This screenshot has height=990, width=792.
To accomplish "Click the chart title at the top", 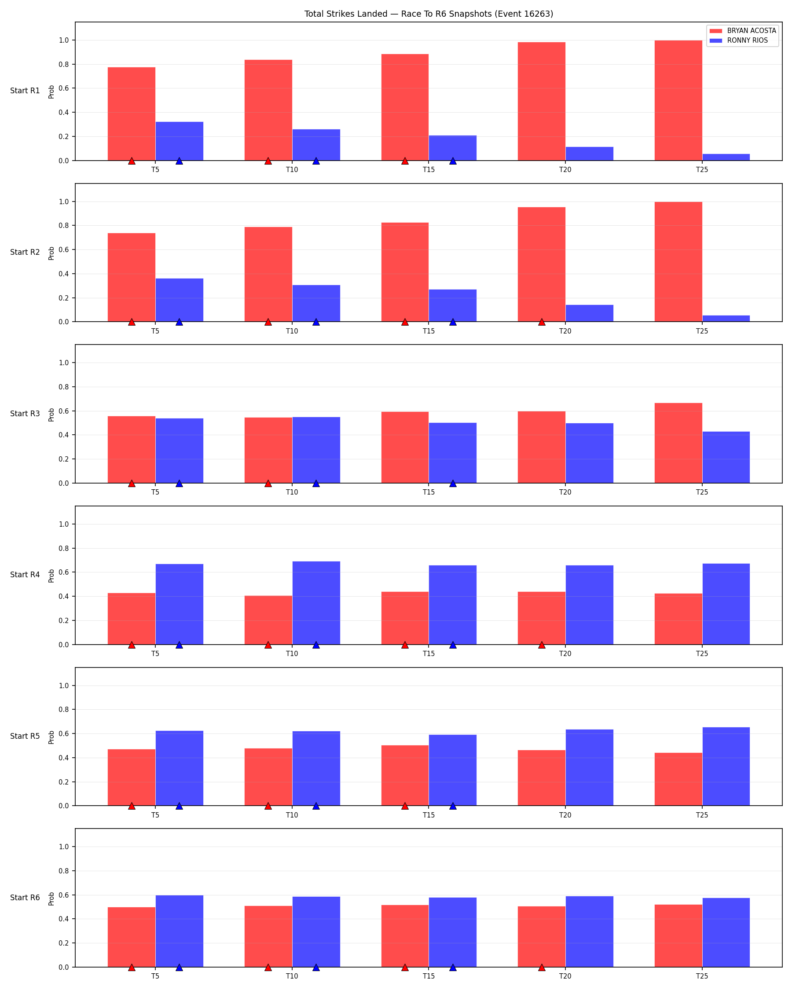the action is coord(429,14).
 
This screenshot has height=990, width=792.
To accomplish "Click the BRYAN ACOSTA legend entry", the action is coord(742,31).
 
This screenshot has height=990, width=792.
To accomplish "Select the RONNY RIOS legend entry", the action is coord(738,40).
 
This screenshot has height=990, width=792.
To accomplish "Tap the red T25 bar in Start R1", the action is coord(678,101).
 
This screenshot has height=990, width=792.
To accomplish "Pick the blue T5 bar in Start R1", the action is coord(180,141).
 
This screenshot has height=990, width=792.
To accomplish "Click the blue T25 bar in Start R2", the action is coord(726,319).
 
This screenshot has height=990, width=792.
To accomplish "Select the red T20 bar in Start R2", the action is coord(542,264).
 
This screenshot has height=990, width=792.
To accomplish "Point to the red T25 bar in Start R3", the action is coord(678,443).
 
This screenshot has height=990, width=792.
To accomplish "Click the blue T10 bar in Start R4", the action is coord(316,603).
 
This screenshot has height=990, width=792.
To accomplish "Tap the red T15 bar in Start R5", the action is coord(405,776).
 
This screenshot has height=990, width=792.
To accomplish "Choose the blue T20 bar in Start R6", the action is coord(590,931).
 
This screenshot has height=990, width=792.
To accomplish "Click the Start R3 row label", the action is coord(25,414).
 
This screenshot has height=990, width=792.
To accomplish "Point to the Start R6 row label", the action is coord(25,898).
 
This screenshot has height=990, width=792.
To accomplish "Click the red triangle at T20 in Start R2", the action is coord(542,322).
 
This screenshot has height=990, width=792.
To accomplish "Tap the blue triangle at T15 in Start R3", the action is coord(453,483).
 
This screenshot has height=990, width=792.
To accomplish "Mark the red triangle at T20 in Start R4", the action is coord(542,645).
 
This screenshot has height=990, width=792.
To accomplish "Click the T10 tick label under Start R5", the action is coord(292,815).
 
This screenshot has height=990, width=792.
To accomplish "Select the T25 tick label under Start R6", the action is coord(702,976).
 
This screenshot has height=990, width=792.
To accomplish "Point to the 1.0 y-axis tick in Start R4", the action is coord(64,524).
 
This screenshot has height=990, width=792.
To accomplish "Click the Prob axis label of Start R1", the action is coord(51,92).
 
